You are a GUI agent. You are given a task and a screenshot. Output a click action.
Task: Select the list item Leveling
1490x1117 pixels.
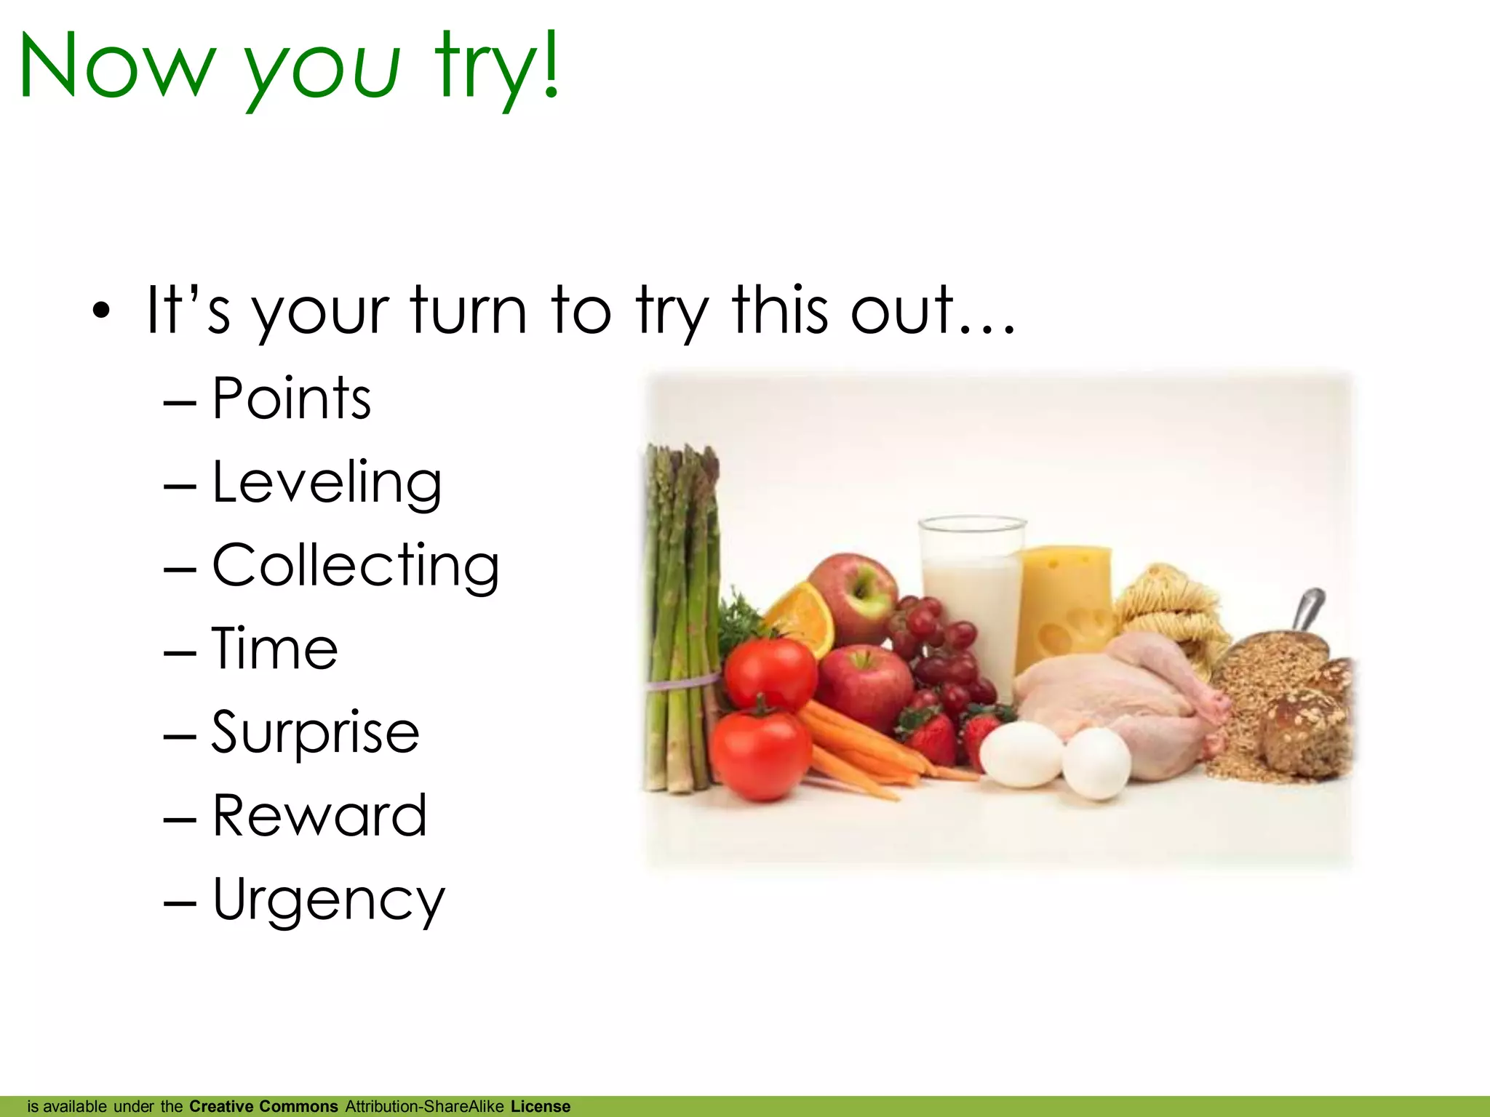pyautogui.click(x=327, y=483)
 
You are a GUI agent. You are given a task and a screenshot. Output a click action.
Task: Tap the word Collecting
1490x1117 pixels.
pyautogui.click(x=355, y=566)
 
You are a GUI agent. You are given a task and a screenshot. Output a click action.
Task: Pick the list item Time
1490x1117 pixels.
pyautogui.click(x=275, y=649)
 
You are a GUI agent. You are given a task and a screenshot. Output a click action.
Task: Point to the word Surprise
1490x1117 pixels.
pyautogui.click(x=315, y=732)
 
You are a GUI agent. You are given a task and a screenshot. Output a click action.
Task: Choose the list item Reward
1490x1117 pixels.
pyautogui.click(x=319, y=816)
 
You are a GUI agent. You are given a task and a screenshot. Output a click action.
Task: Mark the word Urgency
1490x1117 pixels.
pyautogui.click(x=328, y=900)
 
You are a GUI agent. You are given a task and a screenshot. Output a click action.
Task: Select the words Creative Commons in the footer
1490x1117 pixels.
pyautogui.click(x=263, y=1107)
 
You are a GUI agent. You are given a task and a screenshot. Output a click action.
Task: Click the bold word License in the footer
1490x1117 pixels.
pyautogui.click(x=541, y=1107)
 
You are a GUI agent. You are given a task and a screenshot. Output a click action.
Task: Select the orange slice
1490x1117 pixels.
pyautogui.click(x=800, y=618)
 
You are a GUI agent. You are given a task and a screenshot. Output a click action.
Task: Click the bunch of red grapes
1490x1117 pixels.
pyautogui.click(x=942, y=654)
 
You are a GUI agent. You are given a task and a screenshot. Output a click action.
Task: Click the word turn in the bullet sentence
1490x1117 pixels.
pyautogui.click(x=469, y=311)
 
